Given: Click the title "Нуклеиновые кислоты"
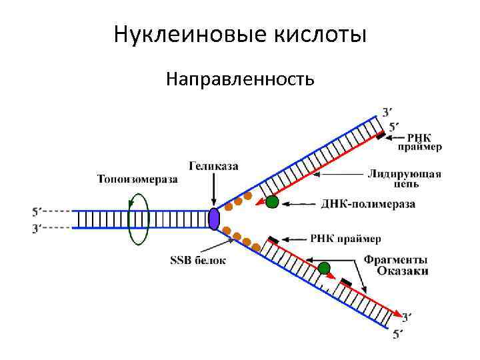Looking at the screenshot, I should [x=240, y=34].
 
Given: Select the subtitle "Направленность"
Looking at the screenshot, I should [x=240, y=80].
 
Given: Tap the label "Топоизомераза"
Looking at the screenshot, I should [x=138, y=178].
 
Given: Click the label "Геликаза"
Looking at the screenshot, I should [x=213, y=165].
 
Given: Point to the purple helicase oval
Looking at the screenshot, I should [x=214, y=219].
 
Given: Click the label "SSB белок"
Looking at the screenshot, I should [x=197, y=260].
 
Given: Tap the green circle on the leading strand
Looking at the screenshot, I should [x=271, y=202].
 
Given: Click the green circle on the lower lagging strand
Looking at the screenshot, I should [x=324, y=268].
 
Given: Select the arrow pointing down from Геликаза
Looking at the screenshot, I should [x=213, y=190].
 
